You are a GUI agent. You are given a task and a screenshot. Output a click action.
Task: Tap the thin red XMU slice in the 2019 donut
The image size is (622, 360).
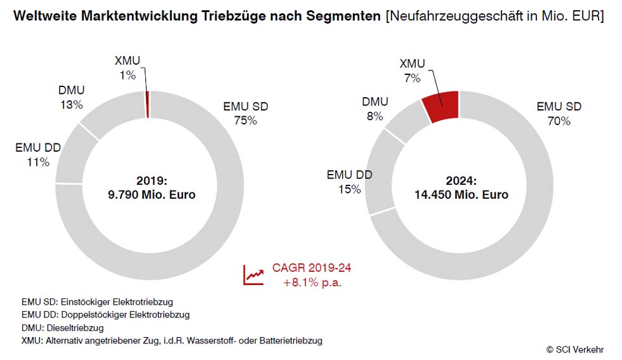(x=147, y=104)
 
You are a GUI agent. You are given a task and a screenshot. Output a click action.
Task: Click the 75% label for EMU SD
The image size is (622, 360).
(x=245, y=121)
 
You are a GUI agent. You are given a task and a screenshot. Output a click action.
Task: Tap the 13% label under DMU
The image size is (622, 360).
(x=71, y=105)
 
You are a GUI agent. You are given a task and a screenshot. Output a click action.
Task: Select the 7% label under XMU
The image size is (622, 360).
(x=412, y=78)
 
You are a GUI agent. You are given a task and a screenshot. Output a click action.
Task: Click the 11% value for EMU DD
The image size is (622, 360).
(x=38, y=163)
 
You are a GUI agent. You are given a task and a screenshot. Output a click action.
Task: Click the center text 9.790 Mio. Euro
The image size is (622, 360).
(x=152, y=195)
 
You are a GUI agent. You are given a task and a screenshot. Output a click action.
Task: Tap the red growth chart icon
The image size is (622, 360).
(x=253, y=274)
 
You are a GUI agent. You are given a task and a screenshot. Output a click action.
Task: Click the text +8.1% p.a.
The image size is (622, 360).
(x=312, y=283)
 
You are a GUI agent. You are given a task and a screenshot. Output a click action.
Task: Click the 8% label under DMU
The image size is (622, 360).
(x=374, y=116)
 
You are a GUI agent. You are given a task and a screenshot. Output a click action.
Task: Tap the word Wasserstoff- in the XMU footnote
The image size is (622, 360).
(x=214, y=341)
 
